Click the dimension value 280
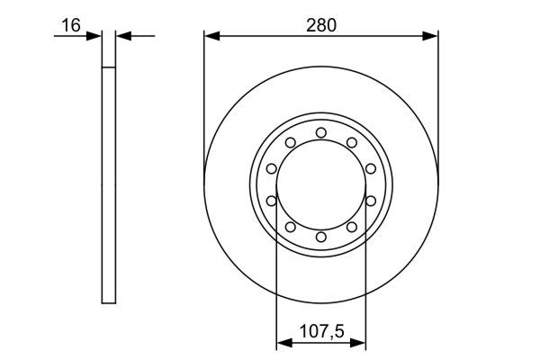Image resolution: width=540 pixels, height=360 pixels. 321,25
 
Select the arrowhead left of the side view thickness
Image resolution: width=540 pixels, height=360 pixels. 95,37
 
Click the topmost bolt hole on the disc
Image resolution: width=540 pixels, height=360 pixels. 321,133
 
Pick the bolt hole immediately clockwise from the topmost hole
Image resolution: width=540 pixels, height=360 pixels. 351,142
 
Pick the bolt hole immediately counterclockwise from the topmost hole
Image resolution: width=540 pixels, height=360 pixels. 291,142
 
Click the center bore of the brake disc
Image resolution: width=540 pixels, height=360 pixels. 321,184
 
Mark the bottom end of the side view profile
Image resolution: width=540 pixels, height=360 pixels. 110,301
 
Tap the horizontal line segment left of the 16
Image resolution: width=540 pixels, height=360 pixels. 67,37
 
